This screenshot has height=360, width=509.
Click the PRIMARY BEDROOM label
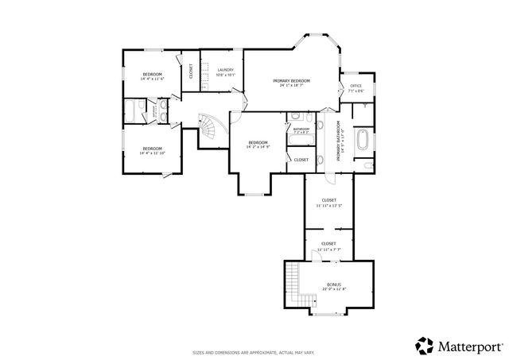(x=290, y=80)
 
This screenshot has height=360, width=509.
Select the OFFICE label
(x=356, y=86)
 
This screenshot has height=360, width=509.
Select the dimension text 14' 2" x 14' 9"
(x=258, y=147)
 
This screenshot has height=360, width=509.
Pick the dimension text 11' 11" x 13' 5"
(x=328, y=205)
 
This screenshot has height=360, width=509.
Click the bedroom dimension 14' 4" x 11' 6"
(x=152, y=79)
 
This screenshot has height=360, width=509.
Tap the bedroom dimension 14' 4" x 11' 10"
(x=152, y=153)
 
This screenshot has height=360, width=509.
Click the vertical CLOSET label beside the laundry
(x=191, y=72)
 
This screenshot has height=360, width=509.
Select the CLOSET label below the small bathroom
(x=301, y=160)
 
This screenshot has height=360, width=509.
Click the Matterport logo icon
(x=424, y=344)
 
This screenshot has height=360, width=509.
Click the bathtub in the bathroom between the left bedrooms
(x=131, y=110)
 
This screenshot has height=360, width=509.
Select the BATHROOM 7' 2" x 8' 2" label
(x=301, y=130)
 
